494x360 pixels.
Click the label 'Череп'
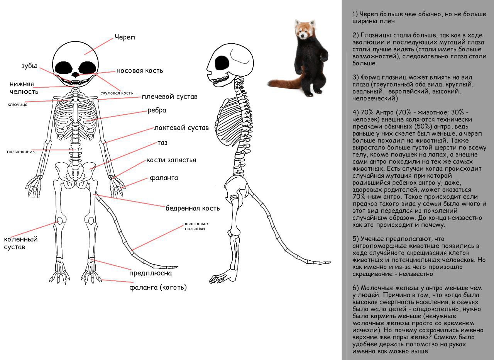point(125,37)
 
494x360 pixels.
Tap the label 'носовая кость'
point(140,71)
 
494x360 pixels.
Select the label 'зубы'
point(29,66)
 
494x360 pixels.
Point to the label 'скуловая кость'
point(117,93)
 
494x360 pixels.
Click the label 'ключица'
point(17,104)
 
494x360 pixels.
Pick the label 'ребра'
point(157,110)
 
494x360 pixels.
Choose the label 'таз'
point(162,143)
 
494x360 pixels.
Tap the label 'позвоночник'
point(21,152)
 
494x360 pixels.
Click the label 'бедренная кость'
point(193,208)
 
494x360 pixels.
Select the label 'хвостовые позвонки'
point(196,226)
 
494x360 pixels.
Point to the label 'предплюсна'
point(151,273)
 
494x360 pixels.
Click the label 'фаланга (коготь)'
point(158,287)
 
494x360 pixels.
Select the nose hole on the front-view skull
point(76,75)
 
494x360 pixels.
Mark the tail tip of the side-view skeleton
point(330,262)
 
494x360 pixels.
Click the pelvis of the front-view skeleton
point(75,174)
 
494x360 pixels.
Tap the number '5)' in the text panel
point(355,239)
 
